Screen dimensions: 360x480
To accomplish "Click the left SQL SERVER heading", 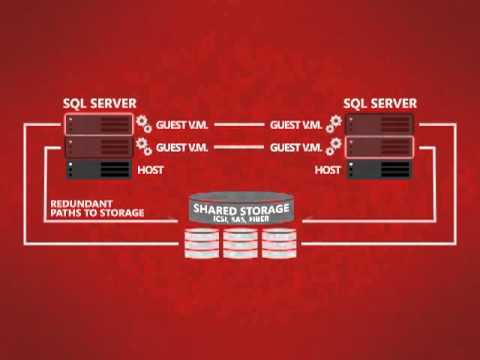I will click(x=99, y=103).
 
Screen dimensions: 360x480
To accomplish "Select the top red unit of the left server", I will click(x=100, y=125).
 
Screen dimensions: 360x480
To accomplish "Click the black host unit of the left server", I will click(x=100, y=170).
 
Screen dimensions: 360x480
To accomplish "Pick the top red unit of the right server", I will click(x=380, y=125).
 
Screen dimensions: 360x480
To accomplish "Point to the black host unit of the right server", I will click(x=380, y=170).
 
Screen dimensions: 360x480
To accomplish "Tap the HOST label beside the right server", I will click(x=328, y=171).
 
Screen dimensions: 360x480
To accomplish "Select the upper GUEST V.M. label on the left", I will click(x=183, y=126).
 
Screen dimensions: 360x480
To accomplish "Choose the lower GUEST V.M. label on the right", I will click(x=296, y=147).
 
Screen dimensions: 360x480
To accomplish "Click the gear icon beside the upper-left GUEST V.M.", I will click(x=145, y=126).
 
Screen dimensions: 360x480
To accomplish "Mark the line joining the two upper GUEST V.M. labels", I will click(x=240, y=126).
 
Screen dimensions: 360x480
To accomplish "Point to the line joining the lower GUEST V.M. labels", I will click(x=240, y=147).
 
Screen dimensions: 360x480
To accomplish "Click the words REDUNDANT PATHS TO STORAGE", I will click(x=97, y=208).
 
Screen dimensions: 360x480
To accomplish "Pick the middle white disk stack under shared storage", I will click(x=240, y=242).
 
